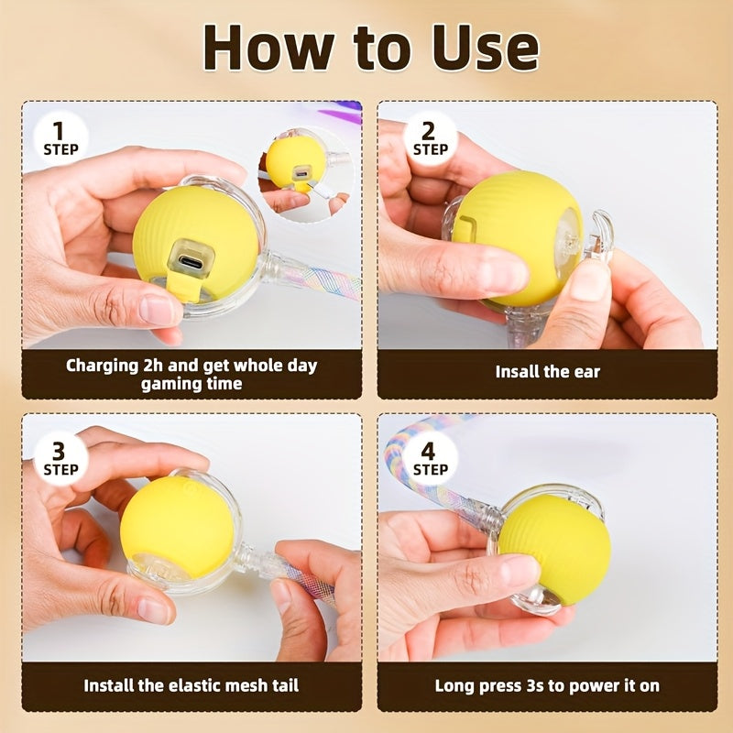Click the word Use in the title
(487, 47)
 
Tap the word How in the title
(268, 47)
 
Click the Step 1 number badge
(60, 137)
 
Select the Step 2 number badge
(430, 137)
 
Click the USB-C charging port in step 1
(191, 257)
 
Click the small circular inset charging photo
(306, 175)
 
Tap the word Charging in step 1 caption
(101, 366)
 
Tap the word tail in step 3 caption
(286, 685)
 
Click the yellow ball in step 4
(555, 548)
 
